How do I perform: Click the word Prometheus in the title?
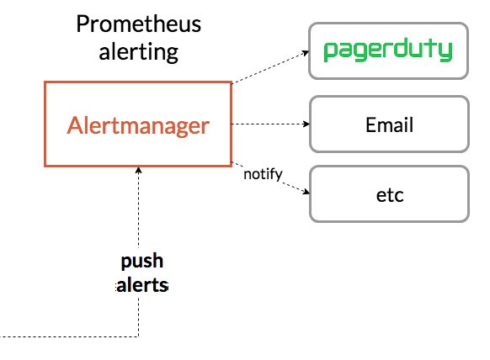(x=139, y=24)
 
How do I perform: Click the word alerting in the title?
(x=138, y=52)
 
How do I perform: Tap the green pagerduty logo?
(x=388, y=50)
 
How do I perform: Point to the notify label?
(x=263, y=174)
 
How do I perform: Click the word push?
(x=142, y=261)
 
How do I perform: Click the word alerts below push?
(x=142, y=285)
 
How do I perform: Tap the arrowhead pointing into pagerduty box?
(x=306, y=53)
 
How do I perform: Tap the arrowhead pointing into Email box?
(x=306, y=124)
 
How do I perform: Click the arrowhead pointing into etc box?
(x=306, y=192)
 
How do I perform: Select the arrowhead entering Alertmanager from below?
(x=138, y=171)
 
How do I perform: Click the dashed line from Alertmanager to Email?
(x=270, y=124)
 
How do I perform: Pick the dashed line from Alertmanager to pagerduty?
(x=270, y=67)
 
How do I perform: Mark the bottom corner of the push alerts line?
(x=138, y=336)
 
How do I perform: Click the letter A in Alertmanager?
(x=74, y=125)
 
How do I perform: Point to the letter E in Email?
(x=370, y=124)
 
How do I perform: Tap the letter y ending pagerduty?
(x=446, y=51)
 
